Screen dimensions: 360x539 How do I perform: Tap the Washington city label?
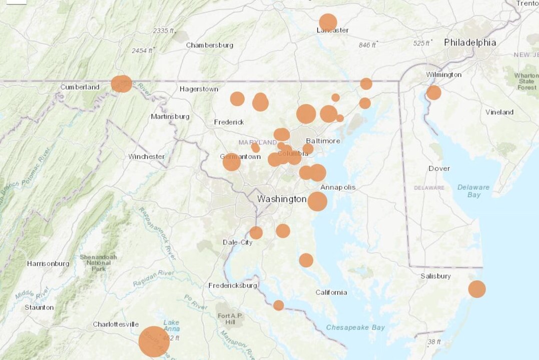(282, 199)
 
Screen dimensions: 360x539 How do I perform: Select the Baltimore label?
(323, 141)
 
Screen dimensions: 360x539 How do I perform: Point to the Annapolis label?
(338, 187)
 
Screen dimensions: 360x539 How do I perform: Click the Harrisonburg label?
(48, 263)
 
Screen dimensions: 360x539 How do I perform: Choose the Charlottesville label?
(116, 324)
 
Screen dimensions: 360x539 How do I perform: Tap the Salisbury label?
(435, 276)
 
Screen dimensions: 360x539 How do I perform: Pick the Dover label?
(439, 168)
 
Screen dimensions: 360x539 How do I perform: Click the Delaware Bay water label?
(473, 191)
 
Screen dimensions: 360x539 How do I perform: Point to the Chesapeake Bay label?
(355, 327)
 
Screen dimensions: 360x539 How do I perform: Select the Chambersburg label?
(210, 45)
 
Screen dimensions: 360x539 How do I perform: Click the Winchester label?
(146, 156)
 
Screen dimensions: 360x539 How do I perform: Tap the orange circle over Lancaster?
(328, 23)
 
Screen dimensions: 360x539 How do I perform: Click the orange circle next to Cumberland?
(122, 84)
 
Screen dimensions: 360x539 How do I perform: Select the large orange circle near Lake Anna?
(154, 341)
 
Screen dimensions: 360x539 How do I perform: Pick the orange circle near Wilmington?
(433, 93)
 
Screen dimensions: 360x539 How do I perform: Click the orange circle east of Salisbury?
(476, 289)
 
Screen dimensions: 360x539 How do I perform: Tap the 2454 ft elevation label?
(143, 51)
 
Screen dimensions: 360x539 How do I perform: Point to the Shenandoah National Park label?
(98, 263)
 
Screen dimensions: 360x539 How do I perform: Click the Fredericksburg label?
(233, 285)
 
